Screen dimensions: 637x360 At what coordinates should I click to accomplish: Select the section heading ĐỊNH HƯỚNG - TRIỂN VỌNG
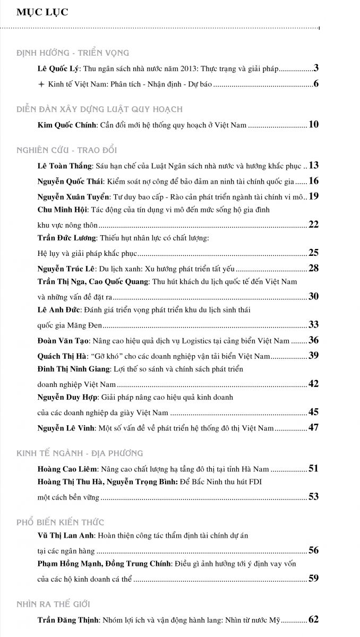73,53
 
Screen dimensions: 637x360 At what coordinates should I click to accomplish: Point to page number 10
313,125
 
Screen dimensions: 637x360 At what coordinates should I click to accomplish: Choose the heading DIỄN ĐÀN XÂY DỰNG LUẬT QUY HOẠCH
99,109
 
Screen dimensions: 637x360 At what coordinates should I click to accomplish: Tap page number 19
313,196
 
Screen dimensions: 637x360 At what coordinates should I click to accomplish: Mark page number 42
313,383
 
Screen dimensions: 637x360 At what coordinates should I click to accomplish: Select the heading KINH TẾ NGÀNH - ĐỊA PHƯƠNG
80,453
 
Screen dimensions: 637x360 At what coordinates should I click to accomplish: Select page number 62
313,619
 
